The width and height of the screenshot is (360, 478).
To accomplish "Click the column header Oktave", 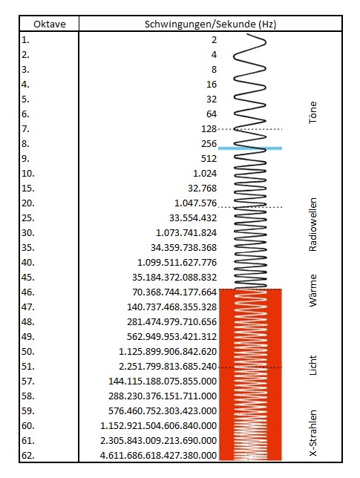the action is [50, 24].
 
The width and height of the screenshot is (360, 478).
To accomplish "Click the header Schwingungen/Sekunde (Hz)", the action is [210, 24].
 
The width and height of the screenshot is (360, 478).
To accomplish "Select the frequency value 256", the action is [209, 143].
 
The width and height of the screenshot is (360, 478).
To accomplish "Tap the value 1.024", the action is [205, 174].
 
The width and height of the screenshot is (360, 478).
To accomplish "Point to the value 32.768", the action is [202, 188].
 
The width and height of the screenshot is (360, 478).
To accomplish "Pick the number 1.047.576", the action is [195, 203].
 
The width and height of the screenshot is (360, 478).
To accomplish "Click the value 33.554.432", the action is [193, 218].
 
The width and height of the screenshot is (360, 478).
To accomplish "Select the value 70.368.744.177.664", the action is [174, 292].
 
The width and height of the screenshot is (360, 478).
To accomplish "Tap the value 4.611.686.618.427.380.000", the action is [159, 456].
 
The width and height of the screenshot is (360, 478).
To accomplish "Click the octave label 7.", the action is [25, 129].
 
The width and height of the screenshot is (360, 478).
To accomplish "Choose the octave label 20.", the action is [28, 203].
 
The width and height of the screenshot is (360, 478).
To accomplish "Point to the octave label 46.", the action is [28, 292].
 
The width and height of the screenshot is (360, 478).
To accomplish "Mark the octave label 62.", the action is [28, 456].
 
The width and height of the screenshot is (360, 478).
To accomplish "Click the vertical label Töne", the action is [312, 113].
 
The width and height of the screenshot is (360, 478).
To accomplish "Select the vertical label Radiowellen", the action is [312, 225].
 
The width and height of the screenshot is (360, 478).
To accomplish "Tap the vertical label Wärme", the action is [312, 290].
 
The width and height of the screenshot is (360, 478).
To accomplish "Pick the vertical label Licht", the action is [312, 365].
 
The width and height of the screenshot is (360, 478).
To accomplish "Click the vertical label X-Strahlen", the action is [312, 433].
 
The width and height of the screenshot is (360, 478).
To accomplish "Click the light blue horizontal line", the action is [250, 148].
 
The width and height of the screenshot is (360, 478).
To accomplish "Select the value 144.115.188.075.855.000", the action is [163, 381].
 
